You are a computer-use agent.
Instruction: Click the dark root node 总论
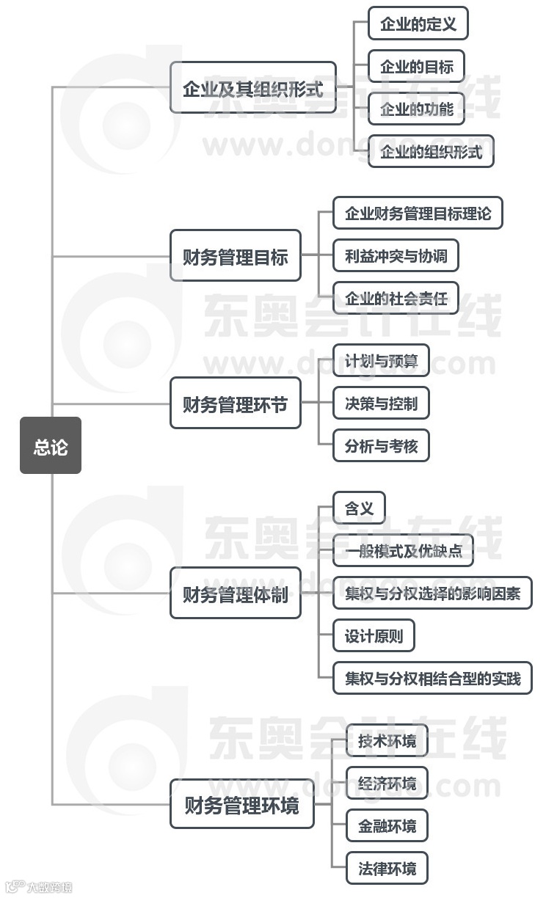pyautogui.click(x=50, y=445)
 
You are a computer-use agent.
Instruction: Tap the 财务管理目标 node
pyautogui.click(x=235, y=256)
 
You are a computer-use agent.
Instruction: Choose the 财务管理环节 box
pyautogui.click(x=235, y=403)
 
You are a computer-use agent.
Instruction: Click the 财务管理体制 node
pyautogui.click(x=235, y=593)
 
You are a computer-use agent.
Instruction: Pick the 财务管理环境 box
pyautogui.click(x=241, y=804)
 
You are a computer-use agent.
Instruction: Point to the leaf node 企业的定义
pyautogui.click(x=418, y=23)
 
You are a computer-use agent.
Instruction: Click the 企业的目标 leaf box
pyautogui.click(x=416, y=66)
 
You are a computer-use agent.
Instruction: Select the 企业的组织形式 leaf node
pyautogui.click(x=431, y=151)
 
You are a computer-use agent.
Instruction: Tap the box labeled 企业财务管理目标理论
pyautogui.click(x=418, y=213)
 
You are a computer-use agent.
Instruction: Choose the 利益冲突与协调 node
pyautogui.click(x=396, y=256)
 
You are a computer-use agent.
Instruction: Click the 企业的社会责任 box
pyautogui.click(x=396, y=298)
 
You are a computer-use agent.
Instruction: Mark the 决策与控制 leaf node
pyautogui.click(x=380, y=403)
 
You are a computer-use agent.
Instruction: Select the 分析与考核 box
pyautogui.click(x=380, y=445)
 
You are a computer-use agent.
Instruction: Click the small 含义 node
pyautogui.click(x=359, y=508)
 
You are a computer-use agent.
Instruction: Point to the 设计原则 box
pyautogui.click(x=374, y=635)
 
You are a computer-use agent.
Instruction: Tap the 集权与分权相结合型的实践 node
pyautogui.click(x=432, y=678)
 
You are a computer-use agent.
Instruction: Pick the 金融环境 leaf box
pyautogui.click(x=387, y=825)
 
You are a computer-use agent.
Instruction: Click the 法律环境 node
pyautogui.click(x=387, y=868)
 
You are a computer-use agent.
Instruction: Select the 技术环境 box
pyautogui.click(x=387, y=741)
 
